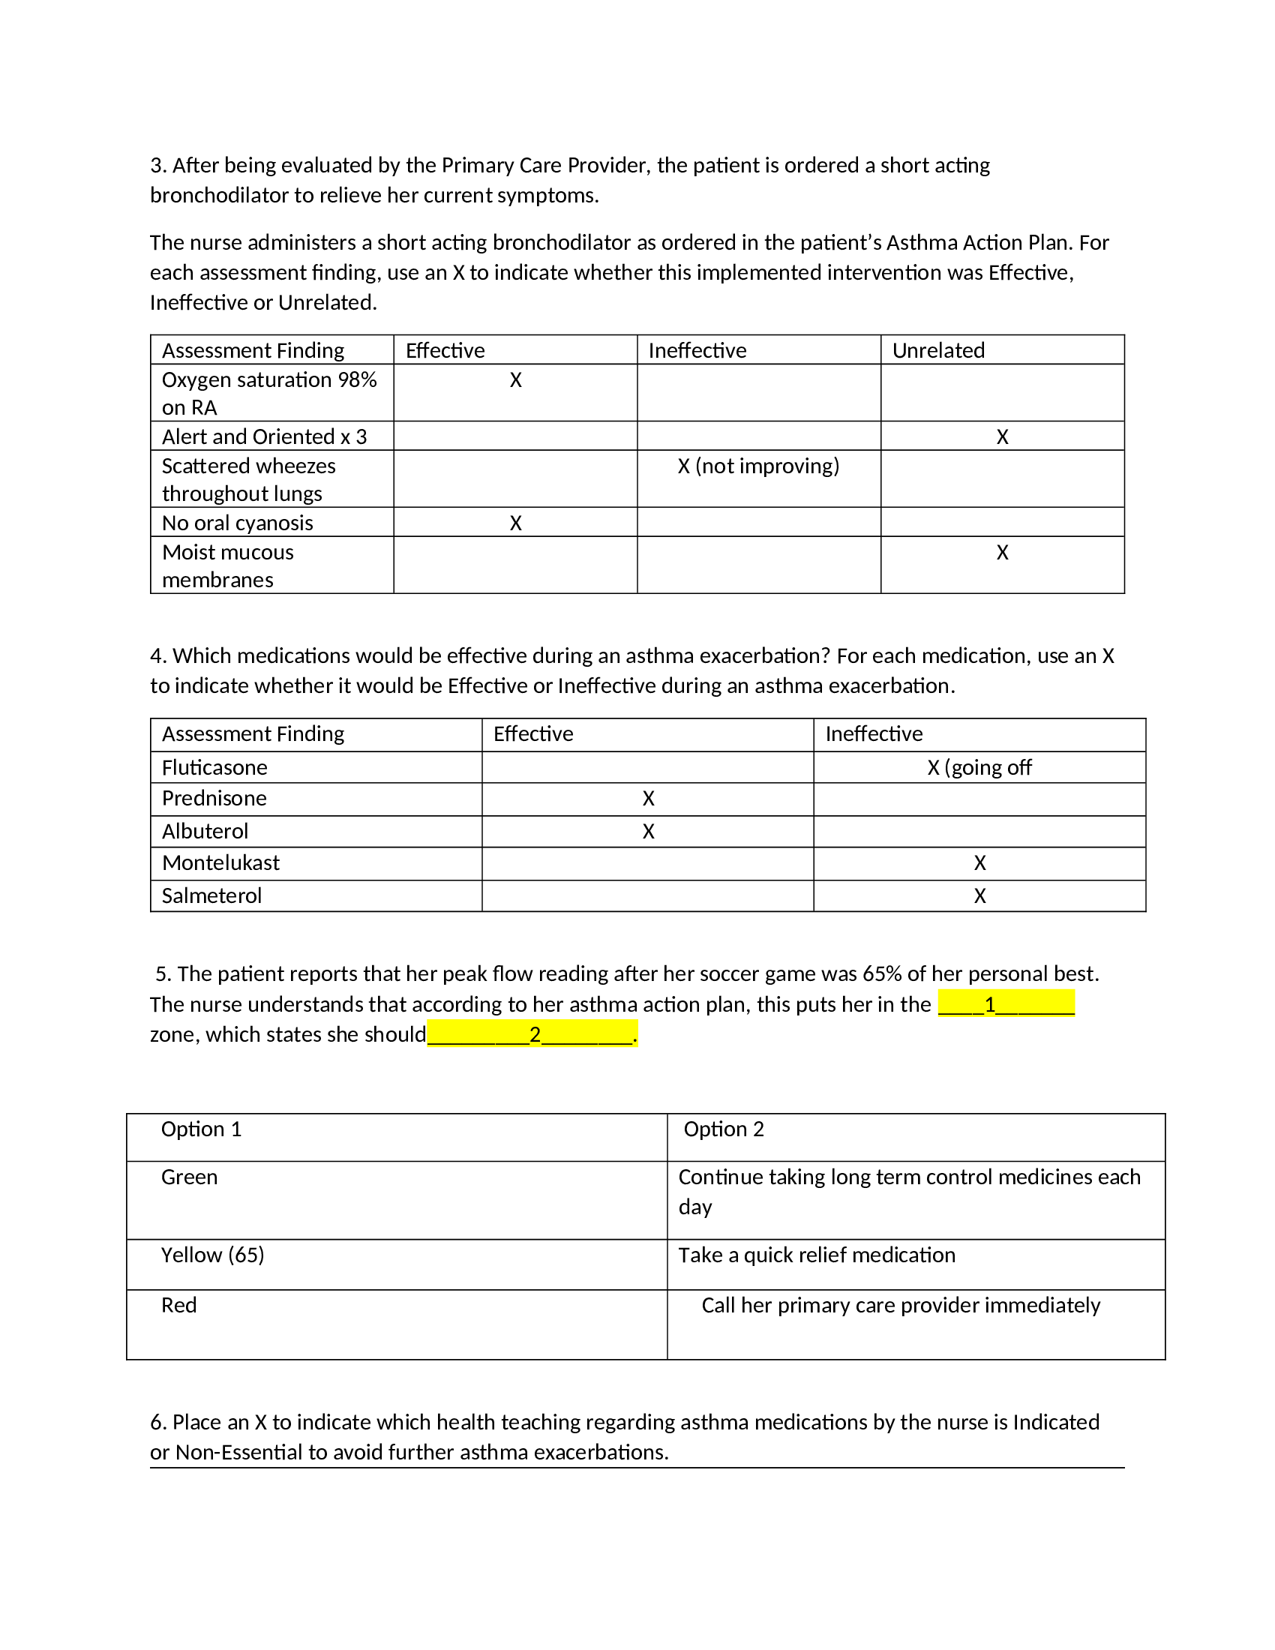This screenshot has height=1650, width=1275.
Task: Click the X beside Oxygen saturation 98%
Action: [515, 380]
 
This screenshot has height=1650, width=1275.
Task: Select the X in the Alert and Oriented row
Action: [1002, 436]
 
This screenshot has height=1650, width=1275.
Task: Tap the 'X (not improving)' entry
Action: [758, 466]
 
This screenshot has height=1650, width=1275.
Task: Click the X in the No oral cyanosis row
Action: [515, 523]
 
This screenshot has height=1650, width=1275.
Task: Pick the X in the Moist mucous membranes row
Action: [1002, 552]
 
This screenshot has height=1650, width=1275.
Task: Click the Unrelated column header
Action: [938, 350]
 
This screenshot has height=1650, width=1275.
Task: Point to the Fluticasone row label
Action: [214, 767]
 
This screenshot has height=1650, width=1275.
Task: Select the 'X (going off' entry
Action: [979, 767]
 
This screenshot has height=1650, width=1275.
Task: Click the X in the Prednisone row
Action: [648, 799]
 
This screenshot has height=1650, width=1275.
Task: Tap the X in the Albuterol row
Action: [648, 831]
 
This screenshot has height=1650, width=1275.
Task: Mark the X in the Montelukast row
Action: [979, 862]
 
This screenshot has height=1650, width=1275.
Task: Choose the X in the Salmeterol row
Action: [979, 895]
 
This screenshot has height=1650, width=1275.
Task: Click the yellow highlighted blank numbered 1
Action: [1005, 1004]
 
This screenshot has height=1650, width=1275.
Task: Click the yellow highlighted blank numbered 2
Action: [532, 1034]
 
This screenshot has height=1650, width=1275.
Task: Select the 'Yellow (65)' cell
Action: [212, 1255]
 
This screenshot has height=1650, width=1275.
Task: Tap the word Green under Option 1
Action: [189, 1177]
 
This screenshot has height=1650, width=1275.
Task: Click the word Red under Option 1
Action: [178, 1305]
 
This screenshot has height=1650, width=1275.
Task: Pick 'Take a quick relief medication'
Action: [817, 1255]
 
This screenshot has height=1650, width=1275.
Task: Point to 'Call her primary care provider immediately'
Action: [900, 1305]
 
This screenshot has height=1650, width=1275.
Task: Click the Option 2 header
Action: [724, 1129]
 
